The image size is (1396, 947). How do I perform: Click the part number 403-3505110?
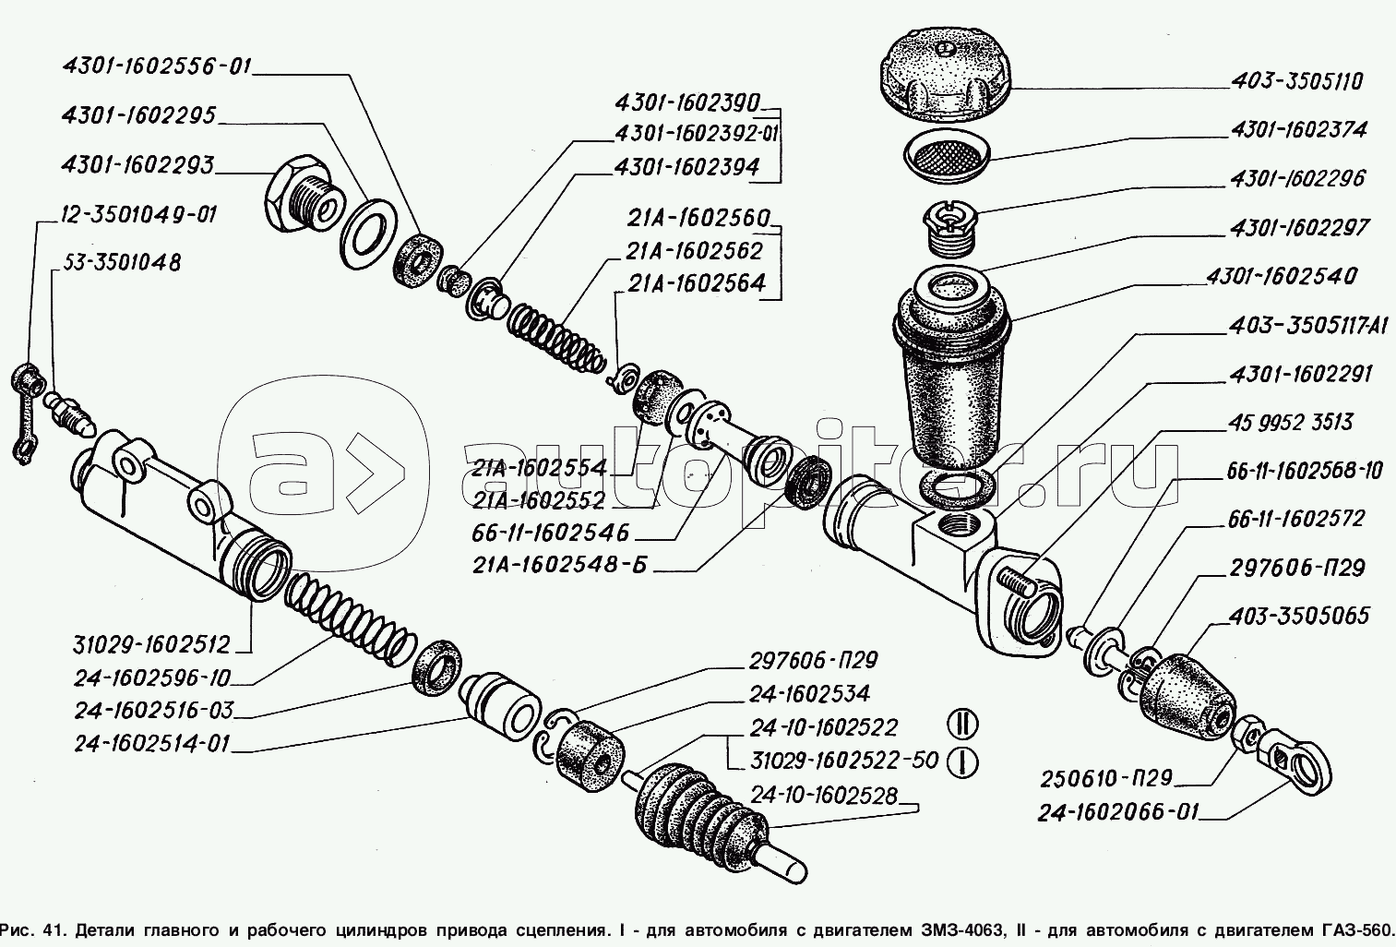point(1295,81)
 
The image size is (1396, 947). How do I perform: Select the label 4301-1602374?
point(1297,130)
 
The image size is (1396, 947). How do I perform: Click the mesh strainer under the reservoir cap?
point(946,152)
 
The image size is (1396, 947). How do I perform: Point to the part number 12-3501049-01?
point(138,215)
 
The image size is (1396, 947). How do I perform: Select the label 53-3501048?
point(121,263)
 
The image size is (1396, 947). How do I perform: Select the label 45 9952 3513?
point(1289,422)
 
